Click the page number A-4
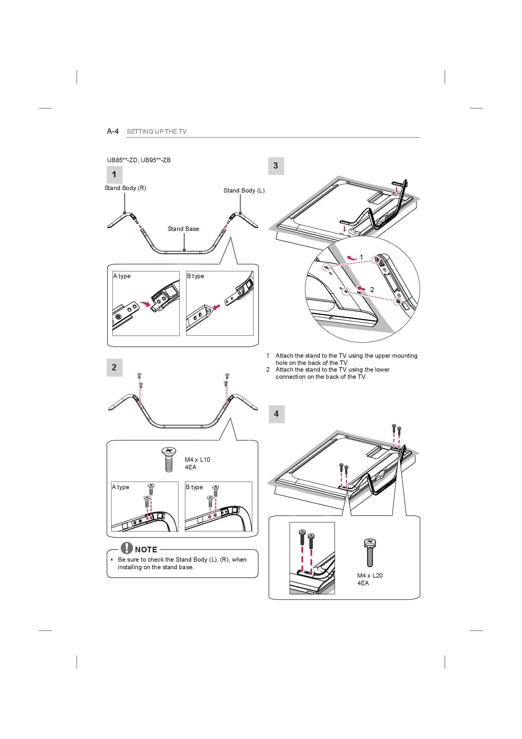[x=113, y=131]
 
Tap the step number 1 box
[x=114, y=174]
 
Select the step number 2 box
[x=114, y=367]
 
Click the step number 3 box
[x=276, y=166]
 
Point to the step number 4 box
[x=276, y=414]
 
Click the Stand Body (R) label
[x=125, y=188]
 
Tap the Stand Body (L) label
[x=244, y=190]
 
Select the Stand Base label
[x=183, y=229]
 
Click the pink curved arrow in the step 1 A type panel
[x=145, y=305]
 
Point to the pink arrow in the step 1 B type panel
[x=216, y=308]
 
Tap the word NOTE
[x=146, y=549]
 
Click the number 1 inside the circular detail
[x=361, y=257]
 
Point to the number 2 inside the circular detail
[x=372, y=289]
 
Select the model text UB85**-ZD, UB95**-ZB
[x=139, y=160]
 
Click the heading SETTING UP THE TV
[x=157, y=131]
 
